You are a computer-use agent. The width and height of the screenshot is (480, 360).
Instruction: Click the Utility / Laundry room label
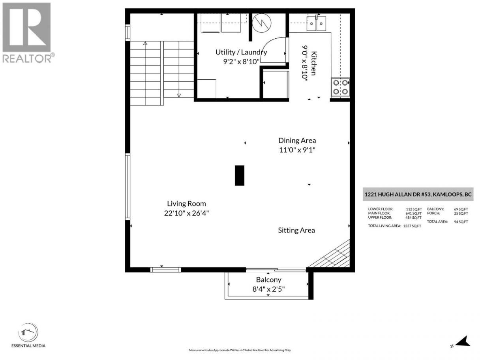241,52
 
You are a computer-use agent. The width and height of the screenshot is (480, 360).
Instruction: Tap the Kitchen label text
313,64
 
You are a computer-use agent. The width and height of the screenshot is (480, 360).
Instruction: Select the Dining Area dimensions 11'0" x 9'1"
297,150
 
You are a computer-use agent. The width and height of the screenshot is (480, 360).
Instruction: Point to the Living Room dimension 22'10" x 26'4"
186,213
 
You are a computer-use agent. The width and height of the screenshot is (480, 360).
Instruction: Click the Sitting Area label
296,230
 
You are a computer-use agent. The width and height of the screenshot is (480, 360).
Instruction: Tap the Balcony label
268,280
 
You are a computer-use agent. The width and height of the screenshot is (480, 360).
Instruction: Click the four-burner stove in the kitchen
340,87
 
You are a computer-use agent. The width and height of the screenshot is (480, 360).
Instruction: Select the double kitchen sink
316,23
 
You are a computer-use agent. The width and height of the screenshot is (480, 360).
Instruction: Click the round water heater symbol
262,23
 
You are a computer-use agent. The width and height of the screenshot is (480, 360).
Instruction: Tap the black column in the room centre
240,176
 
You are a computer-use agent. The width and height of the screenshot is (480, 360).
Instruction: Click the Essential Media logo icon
28,332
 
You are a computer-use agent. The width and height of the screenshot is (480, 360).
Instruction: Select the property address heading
418,194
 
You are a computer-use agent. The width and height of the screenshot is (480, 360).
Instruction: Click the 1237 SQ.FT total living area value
412,226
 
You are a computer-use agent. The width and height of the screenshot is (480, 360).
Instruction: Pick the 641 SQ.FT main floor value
414,213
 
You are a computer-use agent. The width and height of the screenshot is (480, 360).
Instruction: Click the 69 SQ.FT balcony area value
461,209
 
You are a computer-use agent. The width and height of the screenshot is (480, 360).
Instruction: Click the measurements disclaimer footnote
240,350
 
